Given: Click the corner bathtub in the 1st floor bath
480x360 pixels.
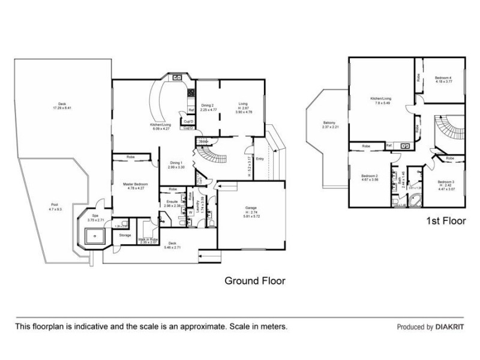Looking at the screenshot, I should pos(414,200).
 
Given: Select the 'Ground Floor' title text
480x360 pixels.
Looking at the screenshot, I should pos(254,280).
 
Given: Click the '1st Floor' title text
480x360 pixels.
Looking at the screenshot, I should pos(445,221).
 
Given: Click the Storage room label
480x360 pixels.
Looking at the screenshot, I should pos(125,235).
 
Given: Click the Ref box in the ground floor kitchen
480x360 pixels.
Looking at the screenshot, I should pos(191,110).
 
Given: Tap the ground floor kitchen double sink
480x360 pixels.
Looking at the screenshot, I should pos(178,77).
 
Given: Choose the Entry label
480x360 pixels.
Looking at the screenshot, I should pos(260,159).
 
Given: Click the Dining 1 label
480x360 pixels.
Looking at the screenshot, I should pos(176,162).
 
